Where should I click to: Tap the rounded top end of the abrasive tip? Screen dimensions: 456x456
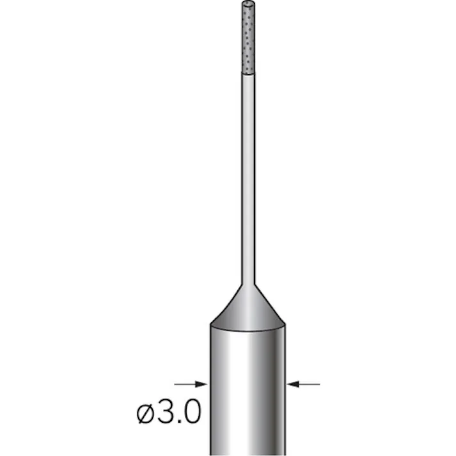[247, 4]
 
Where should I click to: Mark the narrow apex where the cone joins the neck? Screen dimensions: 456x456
[247, 283]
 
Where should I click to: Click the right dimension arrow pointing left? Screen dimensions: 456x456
[303, 384]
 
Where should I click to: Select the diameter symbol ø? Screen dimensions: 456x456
[146, 414]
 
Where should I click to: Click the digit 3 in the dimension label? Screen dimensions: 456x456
[167, 413]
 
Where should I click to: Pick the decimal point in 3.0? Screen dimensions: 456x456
[179, 422]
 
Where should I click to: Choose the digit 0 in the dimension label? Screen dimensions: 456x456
[192, 413]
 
